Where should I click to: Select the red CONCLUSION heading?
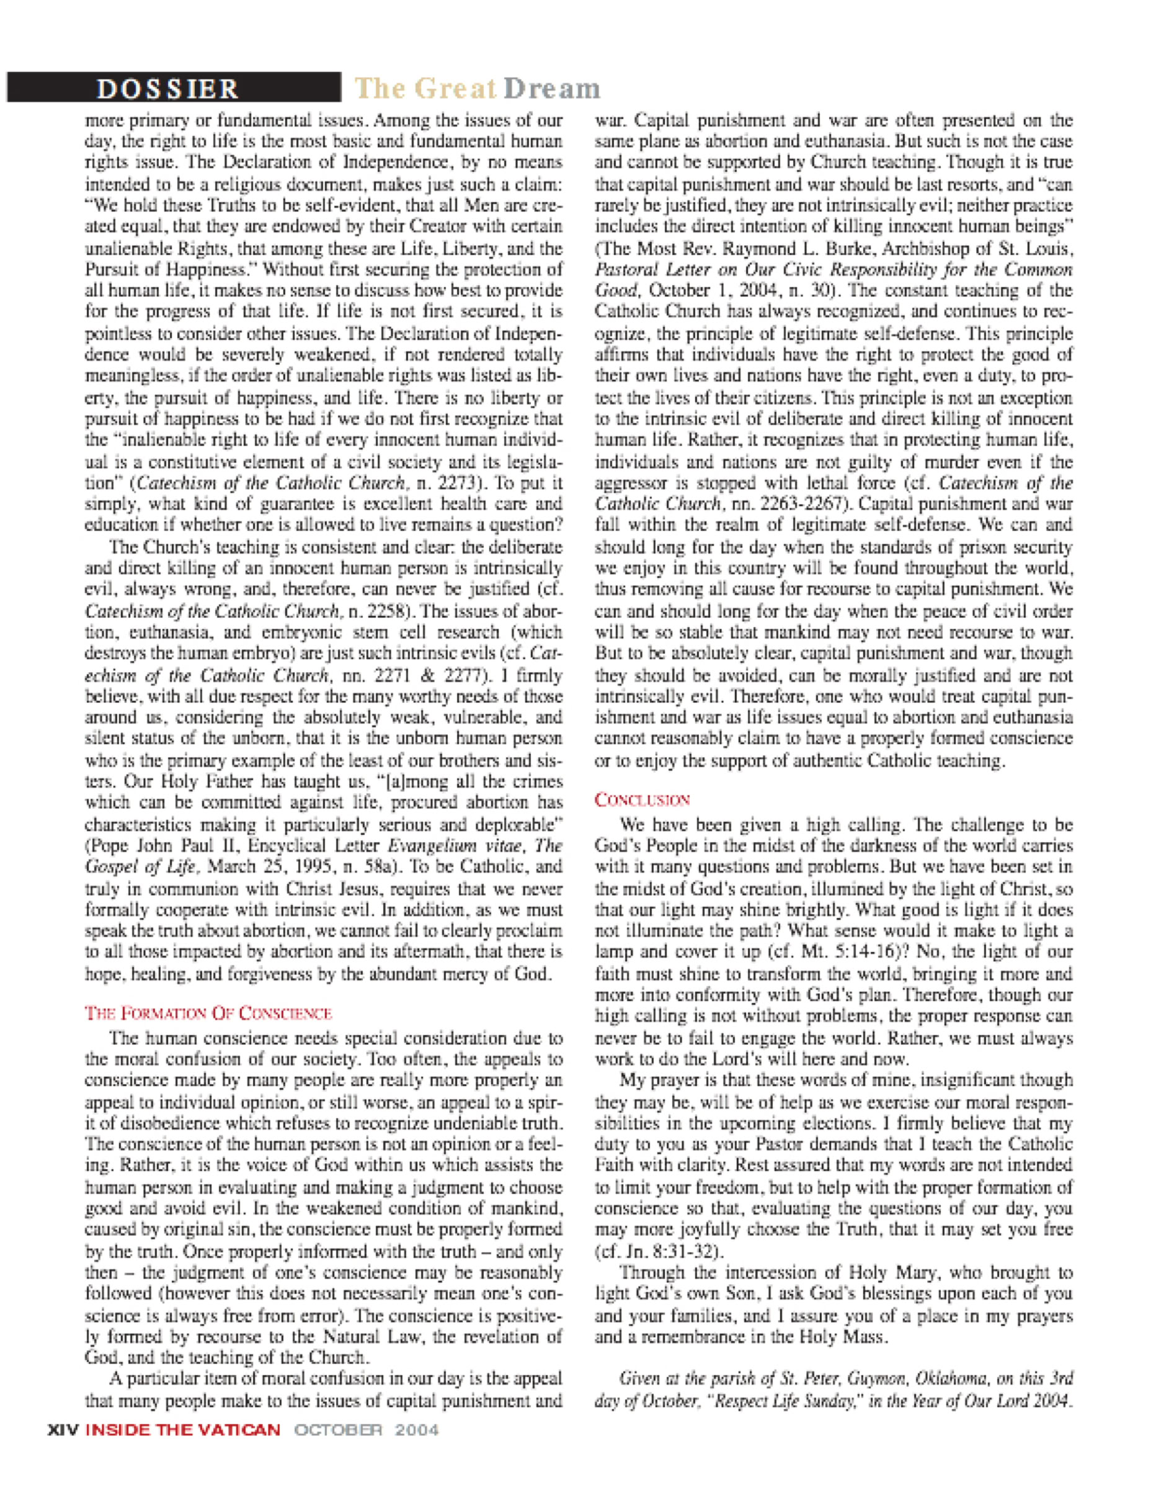click(x=642, y=800)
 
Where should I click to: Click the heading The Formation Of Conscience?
click(x=208, y=1013)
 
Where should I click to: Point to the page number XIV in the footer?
click(x=63, y=1430)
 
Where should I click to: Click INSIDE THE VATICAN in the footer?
click(x=183, y=1430)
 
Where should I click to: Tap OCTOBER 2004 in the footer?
click(x=367, y=1430)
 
